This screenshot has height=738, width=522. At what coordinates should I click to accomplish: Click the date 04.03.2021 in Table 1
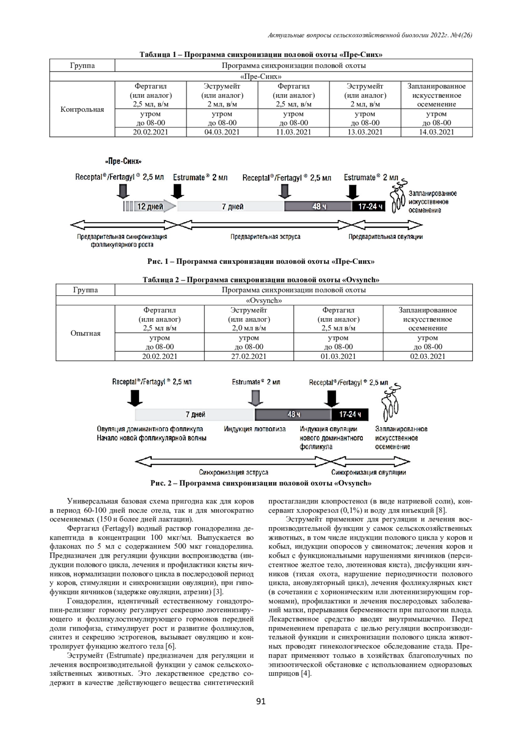pyautogui.click(x=222, y=132)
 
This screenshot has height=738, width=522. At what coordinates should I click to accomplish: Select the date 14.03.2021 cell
pyautogui.click(x=436, y=132)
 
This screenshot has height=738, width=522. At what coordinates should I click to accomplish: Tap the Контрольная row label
pyautogui.click(x=82, y=110)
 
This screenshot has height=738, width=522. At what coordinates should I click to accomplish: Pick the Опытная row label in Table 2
pyautogui.click(x=85, y=333)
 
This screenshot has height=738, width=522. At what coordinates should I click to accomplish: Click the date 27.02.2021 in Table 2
pyautogui.click(x=249, y=356)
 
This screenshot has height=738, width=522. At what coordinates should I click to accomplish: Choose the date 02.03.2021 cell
pyautogui.click(x=428, y=356)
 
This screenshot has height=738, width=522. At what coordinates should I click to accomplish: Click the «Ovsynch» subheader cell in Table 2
pyautogui.click(x=264, y=300)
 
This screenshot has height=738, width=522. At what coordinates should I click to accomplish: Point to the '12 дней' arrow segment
pyautogui.click(x=151, y=206)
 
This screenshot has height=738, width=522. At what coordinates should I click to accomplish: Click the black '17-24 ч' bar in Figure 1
pyautogui.click(x=369, y=206)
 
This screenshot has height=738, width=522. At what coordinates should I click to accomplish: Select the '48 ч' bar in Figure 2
pyautogui.click(x=293, y=414)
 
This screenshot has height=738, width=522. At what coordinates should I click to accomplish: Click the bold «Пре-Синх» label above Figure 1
pyautogui.click(x=123, y=162)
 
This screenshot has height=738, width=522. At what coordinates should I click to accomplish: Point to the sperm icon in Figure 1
pyautogui.click(x=398, y=196)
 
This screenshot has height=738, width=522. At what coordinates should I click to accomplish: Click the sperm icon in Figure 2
pyautogui.click(x=390, y=402)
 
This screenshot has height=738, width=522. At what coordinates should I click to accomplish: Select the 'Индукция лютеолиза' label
pyautogui.click(x=255, y=429)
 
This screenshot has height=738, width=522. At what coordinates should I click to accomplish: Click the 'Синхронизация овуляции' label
pyautogui.click(x=369, y=472)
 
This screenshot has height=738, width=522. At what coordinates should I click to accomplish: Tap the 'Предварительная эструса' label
pyautogui.click(x=265, y=237)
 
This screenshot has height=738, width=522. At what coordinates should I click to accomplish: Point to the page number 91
pyautogui.click(x=261, y=701)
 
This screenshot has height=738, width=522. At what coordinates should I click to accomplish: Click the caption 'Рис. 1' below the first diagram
pyautogui.click(x=261, y=262)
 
